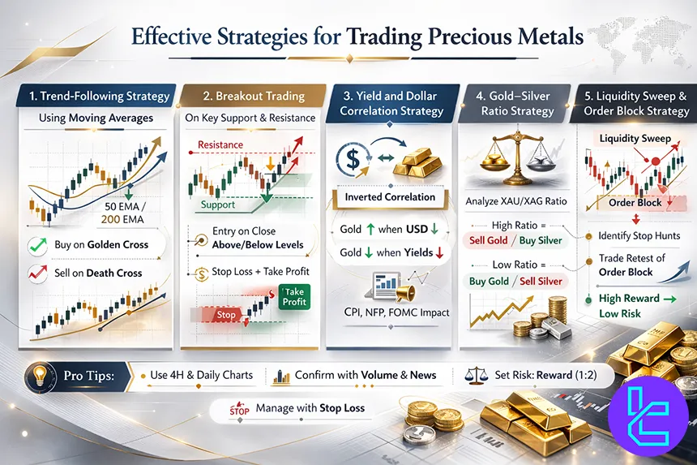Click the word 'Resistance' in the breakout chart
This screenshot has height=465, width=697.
[x=220, y=144]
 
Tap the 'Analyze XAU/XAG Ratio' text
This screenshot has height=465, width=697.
[x=517, y=201]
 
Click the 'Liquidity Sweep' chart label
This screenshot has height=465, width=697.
[x=635, y=139]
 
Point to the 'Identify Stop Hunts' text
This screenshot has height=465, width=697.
[x=636, y=235]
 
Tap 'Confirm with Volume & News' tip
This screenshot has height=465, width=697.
[x=365, y=375]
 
